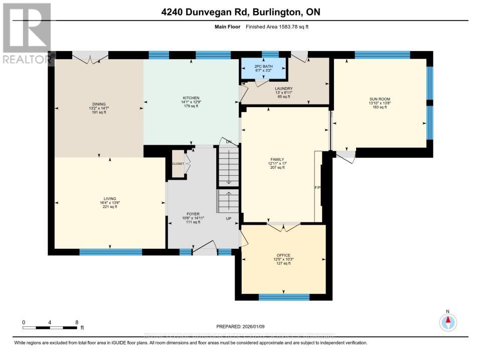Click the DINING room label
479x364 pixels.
[99, 104]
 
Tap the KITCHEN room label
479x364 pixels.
[191, 98]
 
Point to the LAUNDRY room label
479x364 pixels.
[284, 89]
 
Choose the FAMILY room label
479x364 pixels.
[277, 159]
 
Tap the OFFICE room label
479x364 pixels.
[283, 255]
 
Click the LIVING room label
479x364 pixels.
[109, 199]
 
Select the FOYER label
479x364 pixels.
[193, 214]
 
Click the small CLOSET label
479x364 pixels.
[178, 164]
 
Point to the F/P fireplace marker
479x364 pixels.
[317, 188]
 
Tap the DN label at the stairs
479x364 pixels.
[229, 142]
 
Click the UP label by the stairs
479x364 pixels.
[228, 219]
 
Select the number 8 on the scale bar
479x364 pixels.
[76, 322]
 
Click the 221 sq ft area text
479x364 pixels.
[109, 207]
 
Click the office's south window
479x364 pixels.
[283, 297]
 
